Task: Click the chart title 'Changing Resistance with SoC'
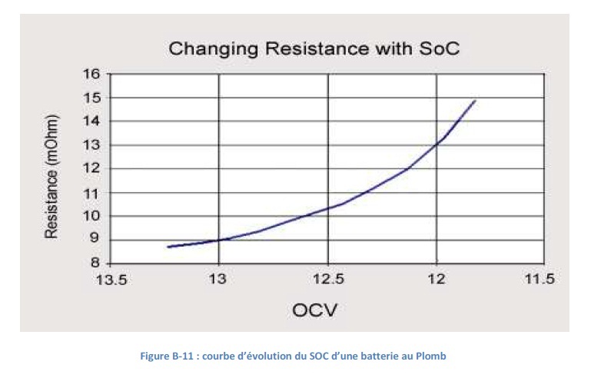[x=314, y=50]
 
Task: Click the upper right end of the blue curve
[x=476, y=100]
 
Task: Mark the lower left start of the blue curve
[x=168, y=247]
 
